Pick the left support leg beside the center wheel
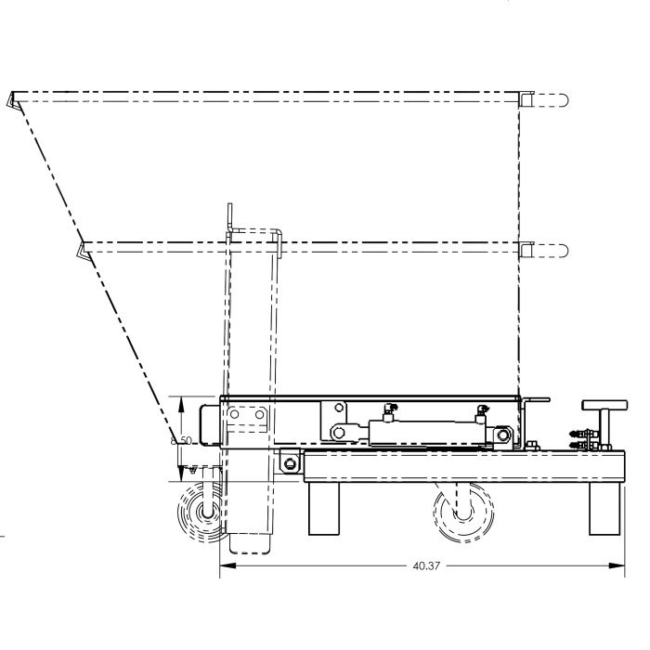324,509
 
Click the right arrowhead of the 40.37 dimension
617,565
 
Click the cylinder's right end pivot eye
504,434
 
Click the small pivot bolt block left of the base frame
290,462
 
